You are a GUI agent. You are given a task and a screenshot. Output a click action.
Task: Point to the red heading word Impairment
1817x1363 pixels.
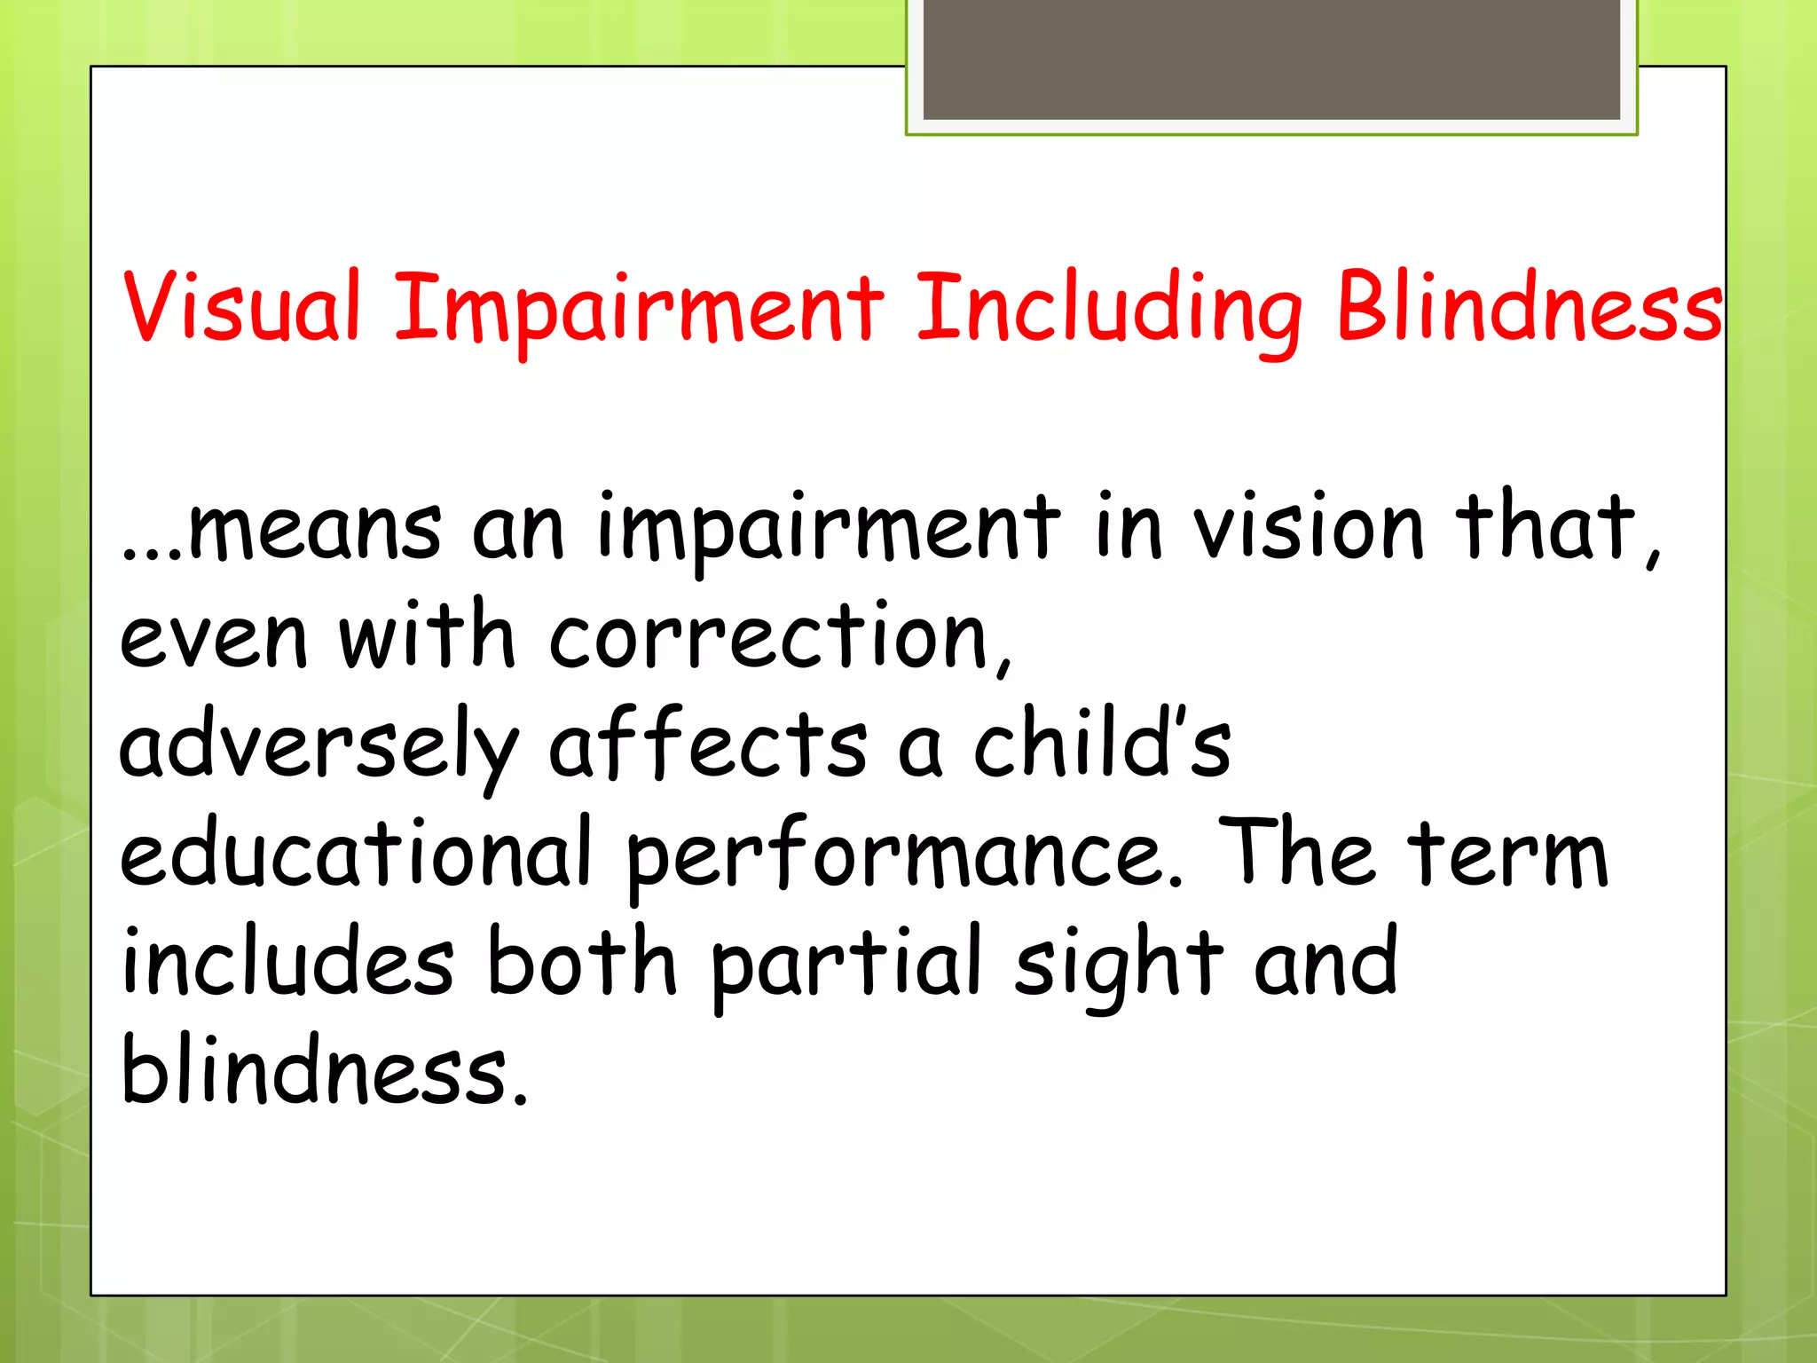639,311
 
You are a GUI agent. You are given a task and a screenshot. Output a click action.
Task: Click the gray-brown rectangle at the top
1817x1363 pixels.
1271,59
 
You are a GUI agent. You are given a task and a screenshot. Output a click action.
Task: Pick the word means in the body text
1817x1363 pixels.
315,528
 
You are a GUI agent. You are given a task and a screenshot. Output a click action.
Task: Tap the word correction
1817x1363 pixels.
770,636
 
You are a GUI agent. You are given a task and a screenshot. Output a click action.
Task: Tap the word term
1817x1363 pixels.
1508,854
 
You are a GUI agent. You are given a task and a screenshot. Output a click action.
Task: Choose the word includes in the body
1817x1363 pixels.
287,962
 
